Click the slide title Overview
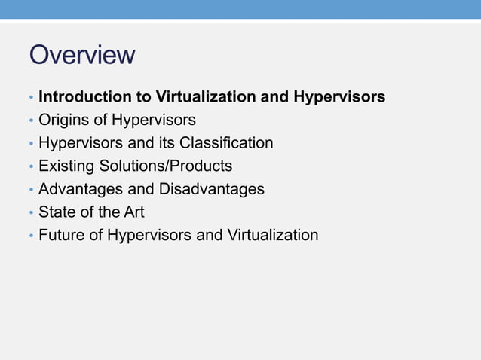tap(82, 55)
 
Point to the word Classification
tap(225, 143)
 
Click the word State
tap(57, 212)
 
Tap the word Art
tap(133, 212)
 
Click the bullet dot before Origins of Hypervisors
tap(31, 121)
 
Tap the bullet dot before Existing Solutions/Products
tap(31, 167)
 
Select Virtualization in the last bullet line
tap(271, 235)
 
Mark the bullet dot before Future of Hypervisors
tap(31, 236)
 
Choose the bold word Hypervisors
tap(339, 97)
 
